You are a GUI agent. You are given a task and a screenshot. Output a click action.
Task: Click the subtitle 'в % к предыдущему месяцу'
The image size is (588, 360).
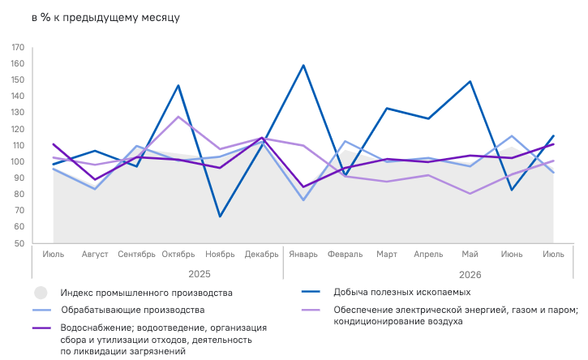(105, 18)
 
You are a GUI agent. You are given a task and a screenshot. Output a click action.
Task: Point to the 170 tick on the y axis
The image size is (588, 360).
(18, 48)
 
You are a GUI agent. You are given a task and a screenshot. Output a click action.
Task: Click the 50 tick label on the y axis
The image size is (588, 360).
(19, 243)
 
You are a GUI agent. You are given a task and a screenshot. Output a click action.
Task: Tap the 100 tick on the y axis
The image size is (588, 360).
(18, 162)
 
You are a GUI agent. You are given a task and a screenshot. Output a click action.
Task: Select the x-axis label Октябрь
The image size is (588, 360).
(178, 255)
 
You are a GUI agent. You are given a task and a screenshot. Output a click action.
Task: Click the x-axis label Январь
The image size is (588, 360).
(303, 255)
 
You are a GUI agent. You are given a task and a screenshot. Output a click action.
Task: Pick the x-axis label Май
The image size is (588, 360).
(470, 255)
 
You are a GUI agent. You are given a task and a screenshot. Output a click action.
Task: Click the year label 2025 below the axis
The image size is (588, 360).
(200, 274)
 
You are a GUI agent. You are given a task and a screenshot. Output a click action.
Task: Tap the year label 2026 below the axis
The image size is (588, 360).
(470, 275)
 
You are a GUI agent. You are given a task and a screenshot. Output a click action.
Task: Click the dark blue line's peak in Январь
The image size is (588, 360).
(303, 66)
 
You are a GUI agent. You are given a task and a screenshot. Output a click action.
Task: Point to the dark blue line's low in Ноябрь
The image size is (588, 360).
(220, 216)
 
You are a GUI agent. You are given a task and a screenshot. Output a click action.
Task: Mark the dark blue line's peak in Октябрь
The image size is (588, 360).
(178, 85)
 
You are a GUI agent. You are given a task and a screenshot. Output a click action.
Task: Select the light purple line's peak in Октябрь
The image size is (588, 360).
(178, 117)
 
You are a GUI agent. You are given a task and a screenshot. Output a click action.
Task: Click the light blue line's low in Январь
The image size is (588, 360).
(303, 200)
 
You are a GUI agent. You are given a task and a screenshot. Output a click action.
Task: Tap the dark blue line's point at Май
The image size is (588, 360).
(470, 81)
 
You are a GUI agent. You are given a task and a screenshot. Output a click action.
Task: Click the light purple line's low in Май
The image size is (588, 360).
(470, 194)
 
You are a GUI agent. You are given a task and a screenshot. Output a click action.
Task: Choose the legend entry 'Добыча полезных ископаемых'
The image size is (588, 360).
(402, 293)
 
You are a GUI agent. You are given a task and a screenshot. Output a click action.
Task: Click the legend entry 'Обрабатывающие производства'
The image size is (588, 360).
(133, 310)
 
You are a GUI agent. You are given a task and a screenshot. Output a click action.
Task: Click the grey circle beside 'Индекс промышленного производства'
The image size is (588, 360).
(41, 293)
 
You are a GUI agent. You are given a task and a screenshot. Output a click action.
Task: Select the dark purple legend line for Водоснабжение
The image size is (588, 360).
(41, 328)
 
